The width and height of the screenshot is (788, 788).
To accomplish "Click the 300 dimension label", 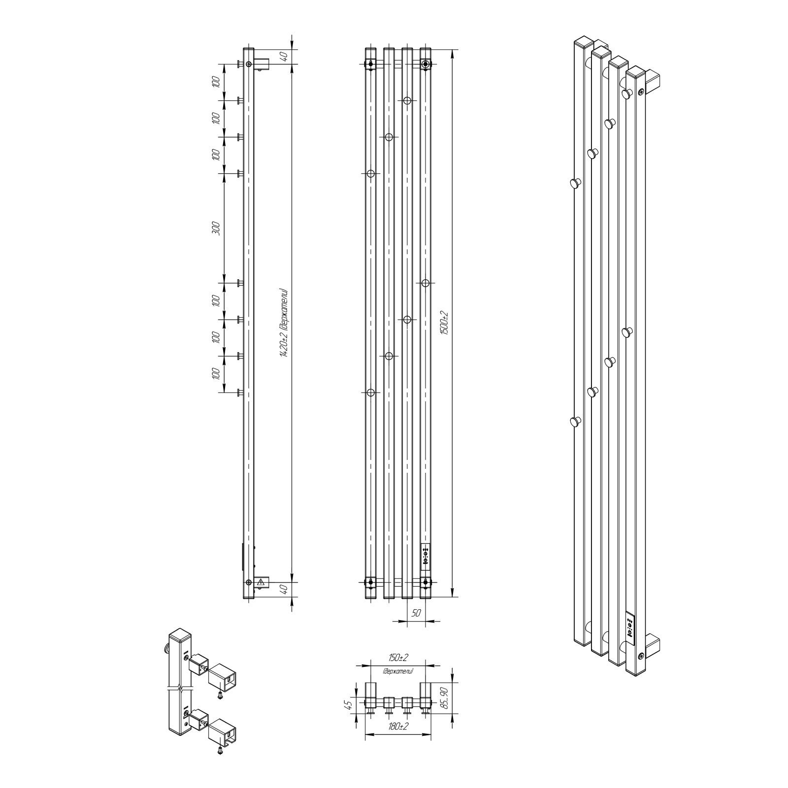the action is (x=215, y=228).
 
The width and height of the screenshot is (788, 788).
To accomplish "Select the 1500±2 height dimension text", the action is (x=445, y=323).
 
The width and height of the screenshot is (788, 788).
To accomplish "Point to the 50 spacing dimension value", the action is (x=416, y=613).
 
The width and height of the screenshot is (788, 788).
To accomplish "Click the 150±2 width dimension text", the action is (x=398, y=658).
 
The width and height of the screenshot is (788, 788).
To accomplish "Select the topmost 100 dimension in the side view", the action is (x=215, y=82).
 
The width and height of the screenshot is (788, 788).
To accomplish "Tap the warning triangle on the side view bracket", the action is (x=261, y=583).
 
